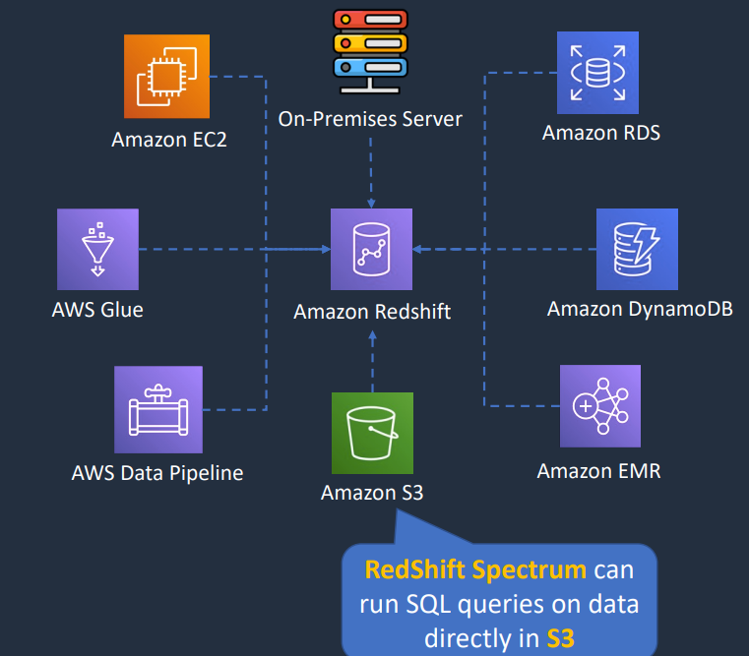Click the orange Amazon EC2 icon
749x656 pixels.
(x=166, y=77)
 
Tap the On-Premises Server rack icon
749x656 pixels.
(x=370, y=51)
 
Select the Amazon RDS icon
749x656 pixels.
(x=597, y=73)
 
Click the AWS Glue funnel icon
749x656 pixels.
(x=97, y=249)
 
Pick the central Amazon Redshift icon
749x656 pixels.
(x=372, y=249)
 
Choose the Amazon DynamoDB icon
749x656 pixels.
(x=637, y=249)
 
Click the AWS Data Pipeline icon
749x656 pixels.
(x=158, y=410)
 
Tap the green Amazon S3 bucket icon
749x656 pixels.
(x=373, y=433)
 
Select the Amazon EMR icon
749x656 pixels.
(x=600, y=406)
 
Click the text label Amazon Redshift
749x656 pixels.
(x=372, y=312)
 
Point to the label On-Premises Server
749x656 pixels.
(x=370, y=119)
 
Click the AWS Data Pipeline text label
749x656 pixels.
(x=157, y=473)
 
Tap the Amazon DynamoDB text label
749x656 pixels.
(x=640, y=309)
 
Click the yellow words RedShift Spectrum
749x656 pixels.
(x=475, y=570)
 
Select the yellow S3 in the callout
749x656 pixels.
(x=561, y=638)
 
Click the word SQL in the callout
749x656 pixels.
(x=428, y=604)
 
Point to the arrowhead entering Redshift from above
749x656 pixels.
(x=371, y=204)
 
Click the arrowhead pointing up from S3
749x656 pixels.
(x=373, y=335)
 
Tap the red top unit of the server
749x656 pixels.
(x=370, y=20)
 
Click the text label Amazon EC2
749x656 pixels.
(x=169, y=140)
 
